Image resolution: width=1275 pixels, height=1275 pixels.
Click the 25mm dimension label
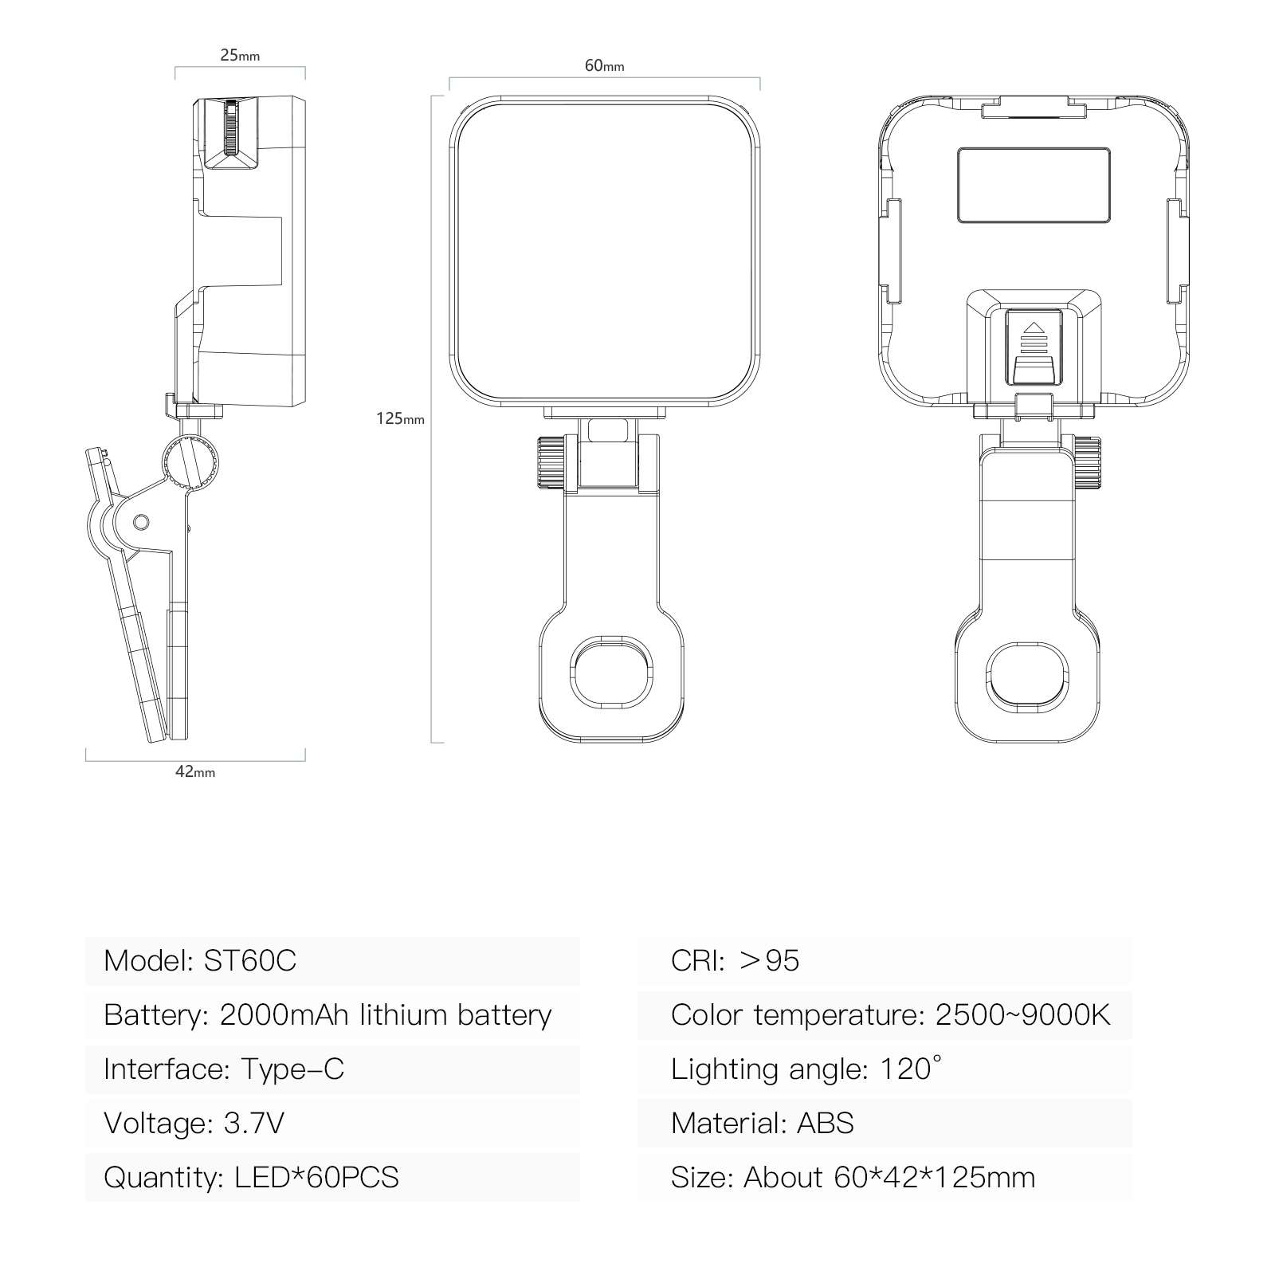[240, 56]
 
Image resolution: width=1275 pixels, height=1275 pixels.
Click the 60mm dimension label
[605, 65]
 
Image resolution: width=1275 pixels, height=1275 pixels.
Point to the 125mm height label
[401, 418]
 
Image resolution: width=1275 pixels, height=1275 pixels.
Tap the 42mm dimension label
[195, 771]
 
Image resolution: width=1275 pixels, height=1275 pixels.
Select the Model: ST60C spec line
[200, 960]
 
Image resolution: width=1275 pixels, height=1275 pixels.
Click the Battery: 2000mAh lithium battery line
[328, 1014]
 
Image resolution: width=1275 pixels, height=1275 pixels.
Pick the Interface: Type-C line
[224, 1069]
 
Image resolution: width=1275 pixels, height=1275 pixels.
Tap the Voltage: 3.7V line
[194, 1123]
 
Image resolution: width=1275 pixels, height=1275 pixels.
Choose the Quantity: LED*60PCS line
[251, 1177]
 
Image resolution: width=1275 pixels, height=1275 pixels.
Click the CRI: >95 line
[735, 960]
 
